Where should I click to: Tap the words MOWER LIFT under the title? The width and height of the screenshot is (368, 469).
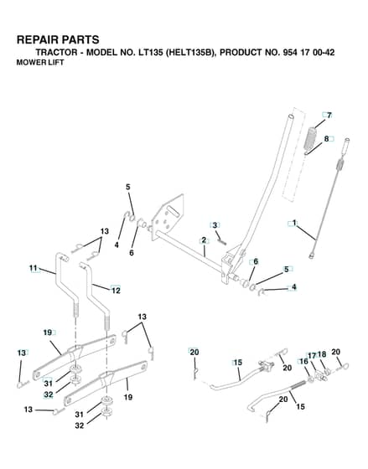[40, 63]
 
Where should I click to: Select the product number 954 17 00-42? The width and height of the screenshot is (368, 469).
[308, 52]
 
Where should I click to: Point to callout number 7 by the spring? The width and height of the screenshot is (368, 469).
[329, 116]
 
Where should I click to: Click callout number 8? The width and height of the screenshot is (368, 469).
[326, 139]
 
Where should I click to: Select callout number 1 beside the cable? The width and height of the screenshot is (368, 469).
[294, 223]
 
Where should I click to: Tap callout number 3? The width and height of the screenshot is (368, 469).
[215, 225]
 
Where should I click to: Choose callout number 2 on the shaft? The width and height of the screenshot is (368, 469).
[204, 240]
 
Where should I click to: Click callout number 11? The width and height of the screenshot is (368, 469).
[33, 268]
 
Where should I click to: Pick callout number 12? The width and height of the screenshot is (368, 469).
[116, 290]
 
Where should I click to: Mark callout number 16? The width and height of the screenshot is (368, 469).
[303, 361]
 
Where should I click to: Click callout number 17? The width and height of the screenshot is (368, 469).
[312, 355]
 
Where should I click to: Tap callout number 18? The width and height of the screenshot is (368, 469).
[322, 354]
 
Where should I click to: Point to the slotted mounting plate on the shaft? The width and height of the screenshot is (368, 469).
[168, 218]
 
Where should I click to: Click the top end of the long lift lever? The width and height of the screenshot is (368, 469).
[290, 116]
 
